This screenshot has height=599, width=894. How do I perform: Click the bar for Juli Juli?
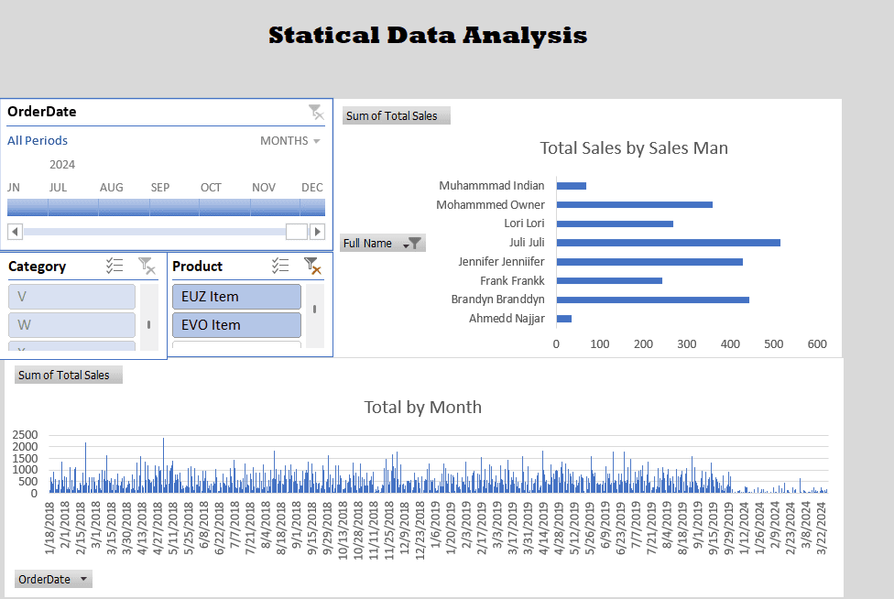point(668,243)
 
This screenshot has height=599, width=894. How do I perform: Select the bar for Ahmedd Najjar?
point(564,319)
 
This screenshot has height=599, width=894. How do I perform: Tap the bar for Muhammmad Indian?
point(572,186)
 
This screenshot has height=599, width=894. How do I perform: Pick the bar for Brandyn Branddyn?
point(652,299)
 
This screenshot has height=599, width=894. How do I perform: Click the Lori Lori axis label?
point(524,223)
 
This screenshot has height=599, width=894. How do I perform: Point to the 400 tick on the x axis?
point(730,344)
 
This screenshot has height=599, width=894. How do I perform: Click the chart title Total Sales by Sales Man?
point(634,148)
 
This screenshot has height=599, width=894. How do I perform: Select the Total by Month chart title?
point(422,408)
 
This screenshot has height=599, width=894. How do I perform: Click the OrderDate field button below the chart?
point(54,579)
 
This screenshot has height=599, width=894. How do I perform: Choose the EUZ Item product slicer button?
point(236,297)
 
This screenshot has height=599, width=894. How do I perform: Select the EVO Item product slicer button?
point(236,325)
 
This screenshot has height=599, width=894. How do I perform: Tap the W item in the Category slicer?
point(71,325)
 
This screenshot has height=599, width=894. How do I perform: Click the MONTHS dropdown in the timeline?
point(290,141)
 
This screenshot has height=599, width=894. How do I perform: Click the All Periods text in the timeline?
point(38,141)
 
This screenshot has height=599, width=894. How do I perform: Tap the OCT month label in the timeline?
point(211,188)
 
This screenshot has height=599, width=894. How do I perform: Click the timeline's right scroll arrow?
point(317,232)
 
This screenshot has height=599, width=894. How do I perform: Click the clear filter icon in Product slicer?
point(313,267)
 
